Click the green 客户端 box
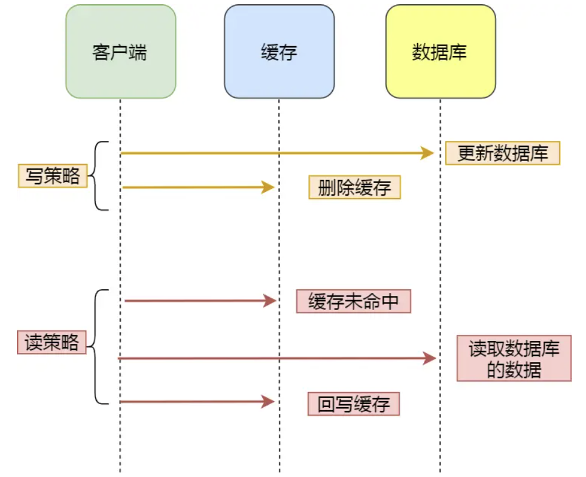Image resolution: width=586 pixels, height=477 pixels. coord(120,52)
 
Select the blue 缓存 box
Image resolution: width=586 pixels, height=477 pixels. coord(279,52)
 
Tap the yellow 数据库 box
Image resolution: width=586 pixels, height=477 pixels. coord(440,52)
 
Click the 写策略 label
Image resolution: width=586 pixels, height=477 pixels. coord(53,176)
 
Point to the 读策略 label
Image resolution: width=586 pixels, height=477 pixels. coord(52,343)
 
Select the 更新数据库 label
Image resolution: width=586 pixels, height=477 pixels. coord(502,154)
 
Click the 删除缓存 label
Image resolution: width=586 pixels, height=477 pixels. coord(355,188)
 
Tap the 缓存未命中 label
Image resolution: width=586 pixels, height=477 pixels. coord(353,301)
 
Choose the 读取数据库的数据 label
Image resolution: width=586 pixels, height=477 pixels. coord(514,359)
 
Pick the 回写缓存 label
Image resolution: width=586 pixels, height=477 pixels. coord(353,404)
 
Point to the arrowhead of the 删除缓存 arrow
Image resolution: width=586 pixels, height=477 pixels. coord(268,188)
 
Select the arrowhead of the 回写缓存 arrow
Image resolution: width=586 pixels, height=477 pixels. coord(268,402)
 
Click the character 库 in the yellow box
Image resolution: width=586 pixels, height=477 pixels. coord(458,52)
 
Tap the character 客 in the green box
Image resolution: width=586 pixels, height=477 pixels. coord(101,52)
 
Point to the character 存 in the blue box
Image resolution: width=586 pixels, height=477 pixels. coord(288,52)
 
